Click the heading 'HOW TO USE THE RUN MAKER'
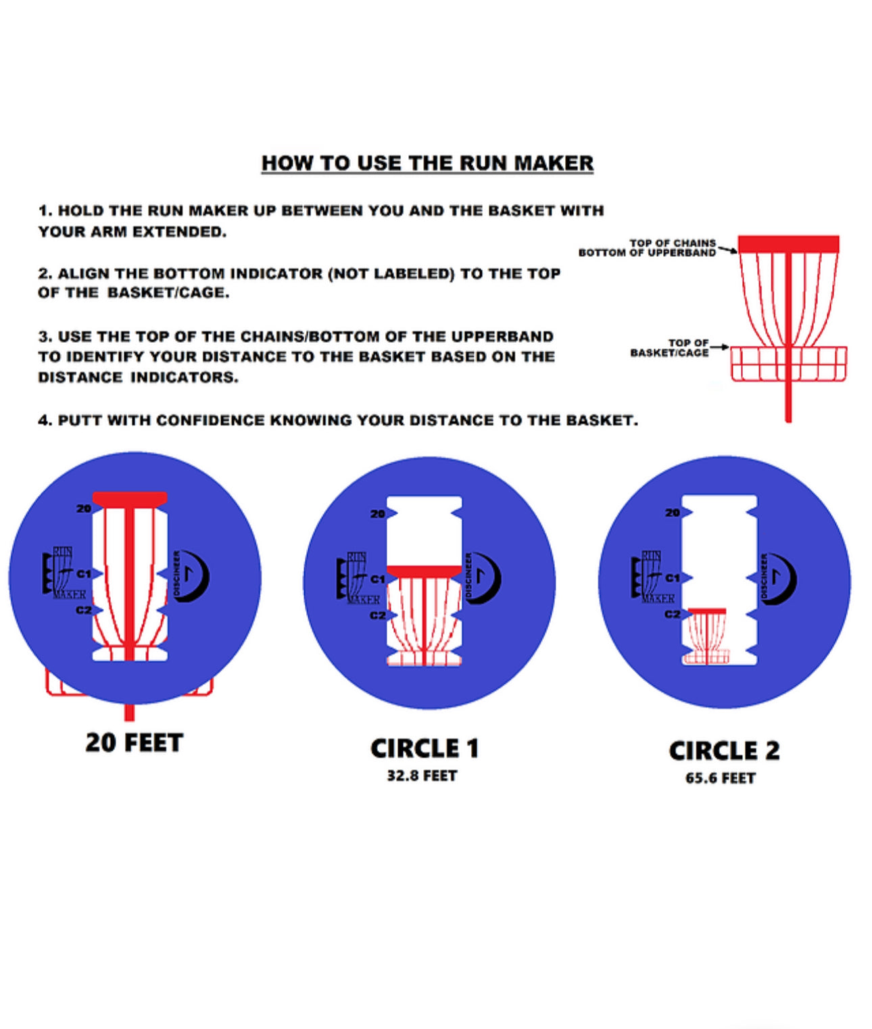(427, 163)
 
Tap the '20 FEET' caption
(134, 742)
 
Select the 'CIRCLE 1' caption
(425, 748)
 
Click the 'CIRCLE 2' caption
(724, 750)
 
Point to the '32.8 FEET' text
(422, 776)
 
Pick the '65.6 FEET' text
(720, 778)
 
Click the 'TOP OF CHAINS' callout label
(672, 243)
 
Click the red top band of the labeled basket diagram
(788, 244)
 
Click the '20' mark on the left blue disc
(84, 508)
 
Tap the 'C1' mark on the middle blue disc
(378, 579)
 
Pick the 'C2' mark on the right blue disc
(672, 614)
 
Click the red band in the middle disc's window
(424, 571)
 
